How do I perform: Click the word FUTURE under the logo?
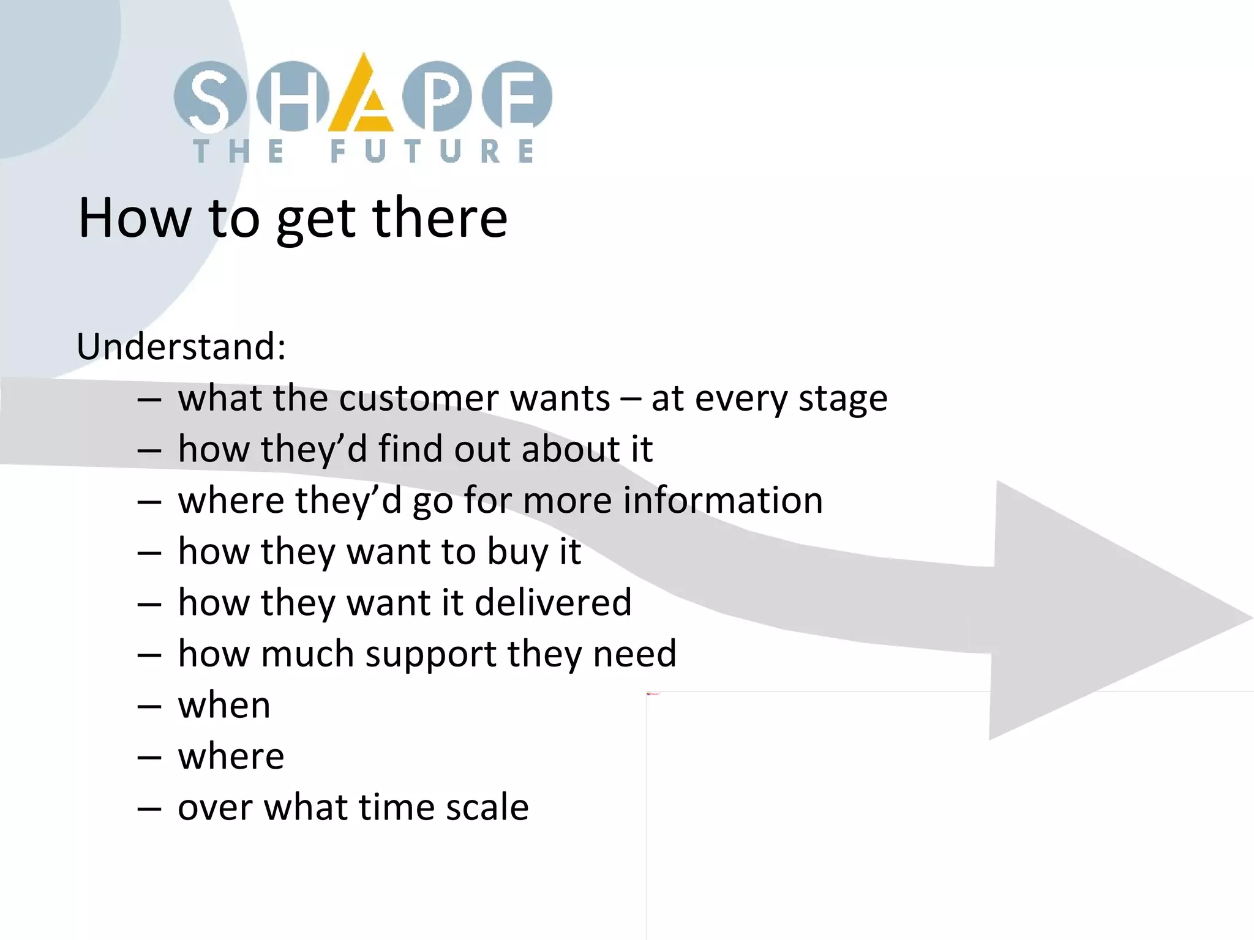click(432, 151)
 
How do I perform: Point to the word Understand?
click(181, 346)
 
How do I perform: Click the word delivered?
click(553, 602)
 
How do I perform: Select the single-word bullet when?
click(224, 706)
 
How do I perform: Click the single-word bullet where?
click(231, 756)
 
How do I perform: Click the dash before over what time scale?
click(149, 808)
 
